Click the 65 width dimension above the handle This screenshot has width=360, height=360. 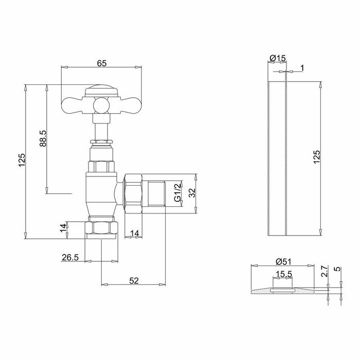click(x=102, y=63)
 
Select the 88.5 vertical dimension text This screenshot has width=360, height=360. click(x=43, y=138)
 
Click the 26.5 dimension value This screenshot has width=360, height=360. click(x=70, y=257)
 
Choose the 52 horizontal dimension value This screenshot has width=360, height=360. click(x=134, y=281)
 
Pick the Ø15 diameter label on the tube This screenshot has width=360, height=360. click(x=278, y=58)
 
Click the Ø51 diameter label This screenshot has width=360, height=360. click(x=283, y=261)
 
